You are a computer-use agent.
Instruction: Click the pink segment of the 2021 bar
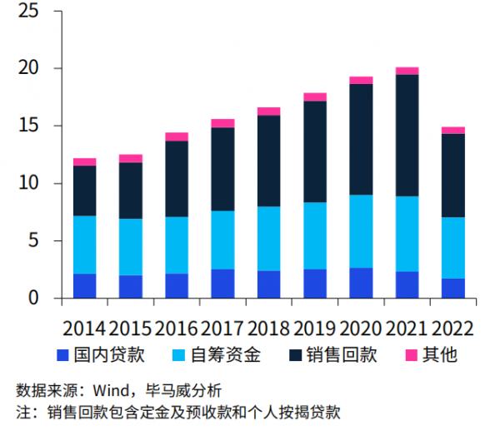point(407,71)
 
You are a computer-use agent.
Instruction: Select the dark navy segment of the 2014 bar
point(84,190)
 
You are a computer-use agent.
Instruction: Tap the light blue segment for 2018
point(269,239)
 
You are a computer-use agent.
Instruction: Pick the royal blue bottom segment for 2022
point(453,289)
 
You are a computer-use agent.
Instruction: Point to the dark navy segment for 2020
point(361,140)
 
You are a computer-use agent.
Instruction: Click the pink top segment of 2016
point(177,137)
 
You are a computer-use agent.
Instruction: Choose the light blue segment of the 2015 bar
point(131,247)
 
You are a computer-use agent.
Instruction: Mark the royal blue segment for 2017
point(222,284)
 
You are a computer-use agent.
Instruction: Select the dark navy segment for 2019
point(315,151)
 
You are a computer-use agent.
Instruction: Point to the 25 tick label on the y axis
point(28,11)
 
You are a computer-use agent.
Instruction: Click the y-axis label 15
point(28,126)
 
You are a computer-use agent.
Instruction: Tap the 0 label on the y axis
point(33,298)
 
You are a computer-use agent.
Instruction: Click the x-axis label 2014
point(84,329)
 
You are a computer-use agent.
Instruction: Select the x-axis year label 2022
point(452,329)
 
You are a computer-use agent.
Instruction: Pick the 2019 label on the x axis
point(314,329)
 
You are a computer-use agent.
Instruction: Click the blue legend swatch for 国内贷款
point(62,355)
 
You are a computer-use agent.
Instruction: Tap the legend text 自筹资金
point(226,355)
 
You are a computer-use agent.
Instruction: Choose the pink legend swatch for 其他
point(412,355)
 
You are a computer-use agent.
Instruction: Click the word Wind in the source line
point(111,390)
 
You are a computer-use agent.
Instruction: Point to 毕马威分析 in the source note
point(183,390)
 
